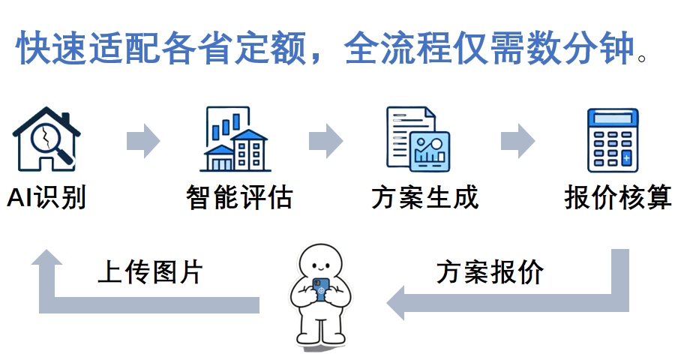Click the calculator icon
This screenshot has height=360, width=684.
(613, 140)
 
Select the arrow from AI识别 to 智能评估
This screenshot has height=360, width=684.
(142, 140)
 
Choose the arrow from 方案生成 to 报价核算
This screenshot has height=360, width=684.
(517, 140)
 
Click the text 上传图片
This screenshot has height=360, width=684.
(150, 271)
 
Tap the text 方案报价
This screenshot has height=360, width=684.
(490, 271)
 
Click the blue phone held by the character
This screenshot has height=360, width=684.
(322, 289)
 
